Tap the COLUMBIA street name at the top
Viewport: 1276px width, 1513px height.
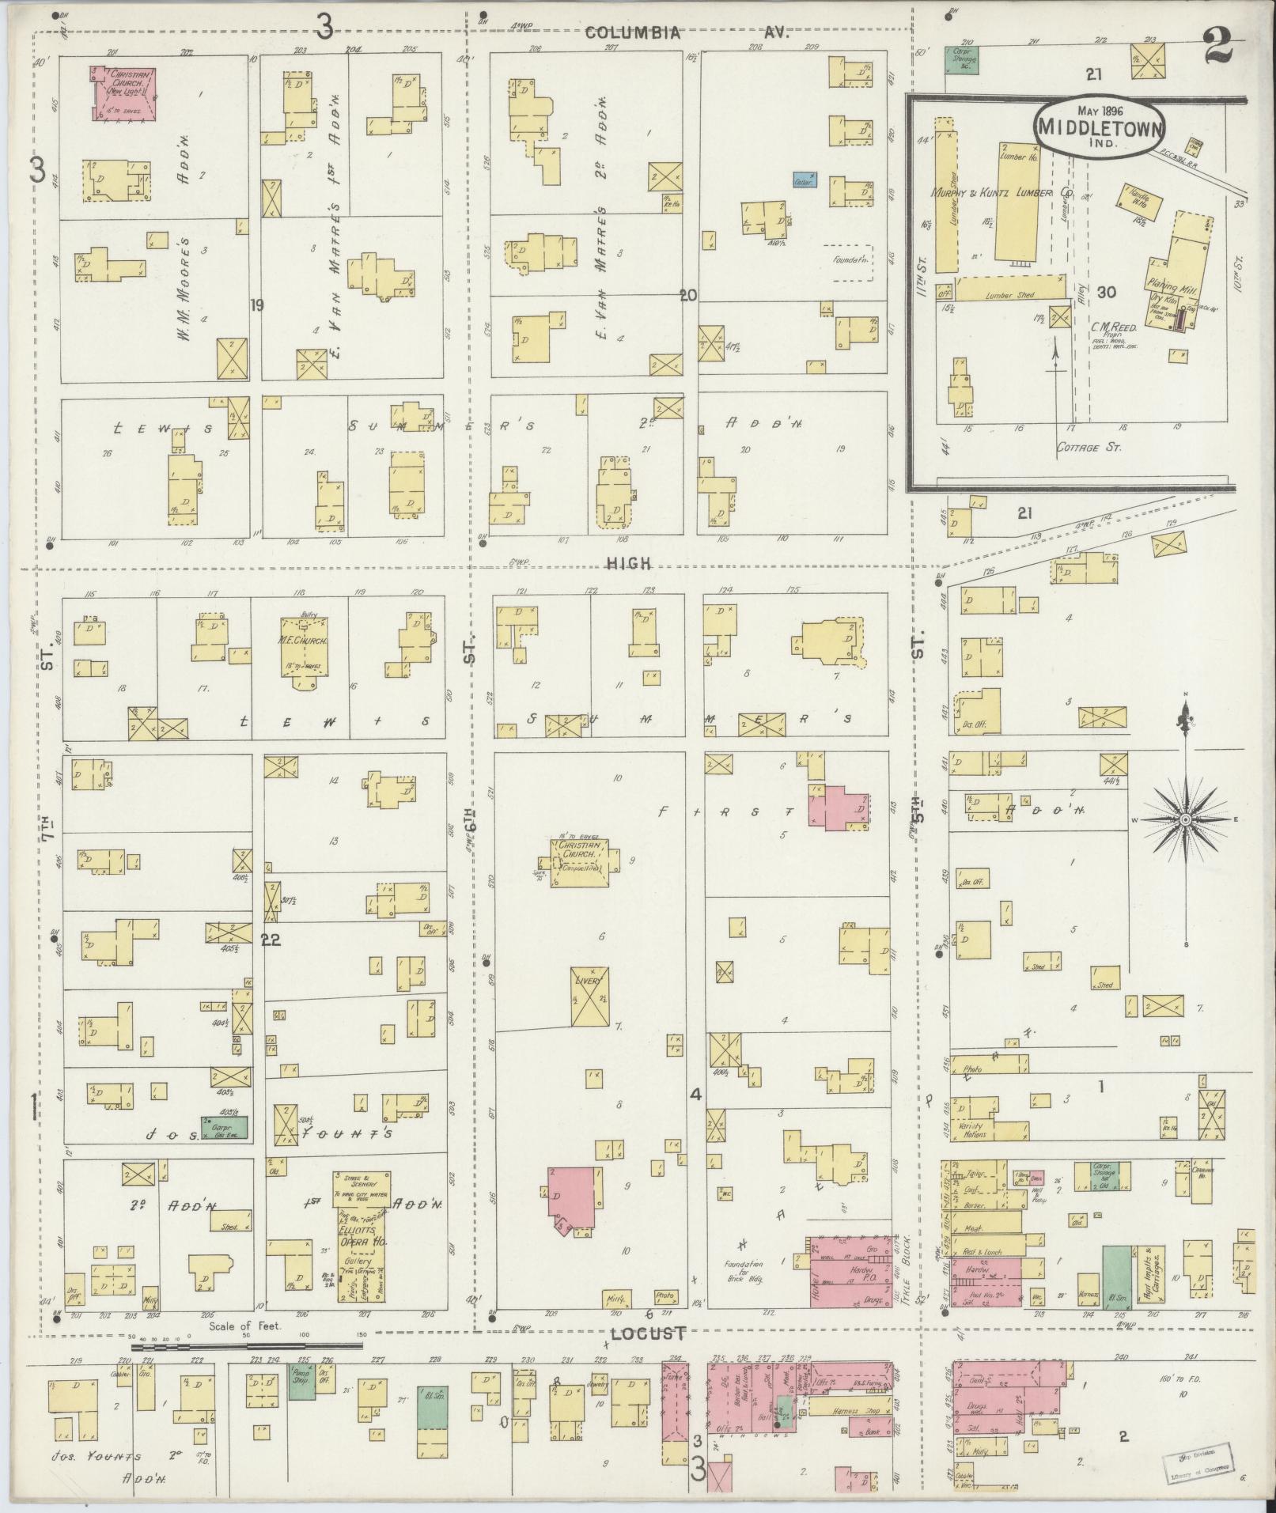[632, 33]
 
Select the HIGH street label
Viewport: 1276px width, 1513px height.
[630, 563]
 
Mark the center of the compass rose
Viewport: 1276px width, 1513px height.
[1185, 820]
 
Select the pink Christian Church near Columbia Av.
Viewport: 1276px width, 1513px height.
[123, 93]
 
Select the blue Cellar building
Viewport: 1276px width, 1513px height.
[805, 180]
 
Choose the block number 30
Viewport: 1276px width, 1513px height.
[1106, 293]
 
